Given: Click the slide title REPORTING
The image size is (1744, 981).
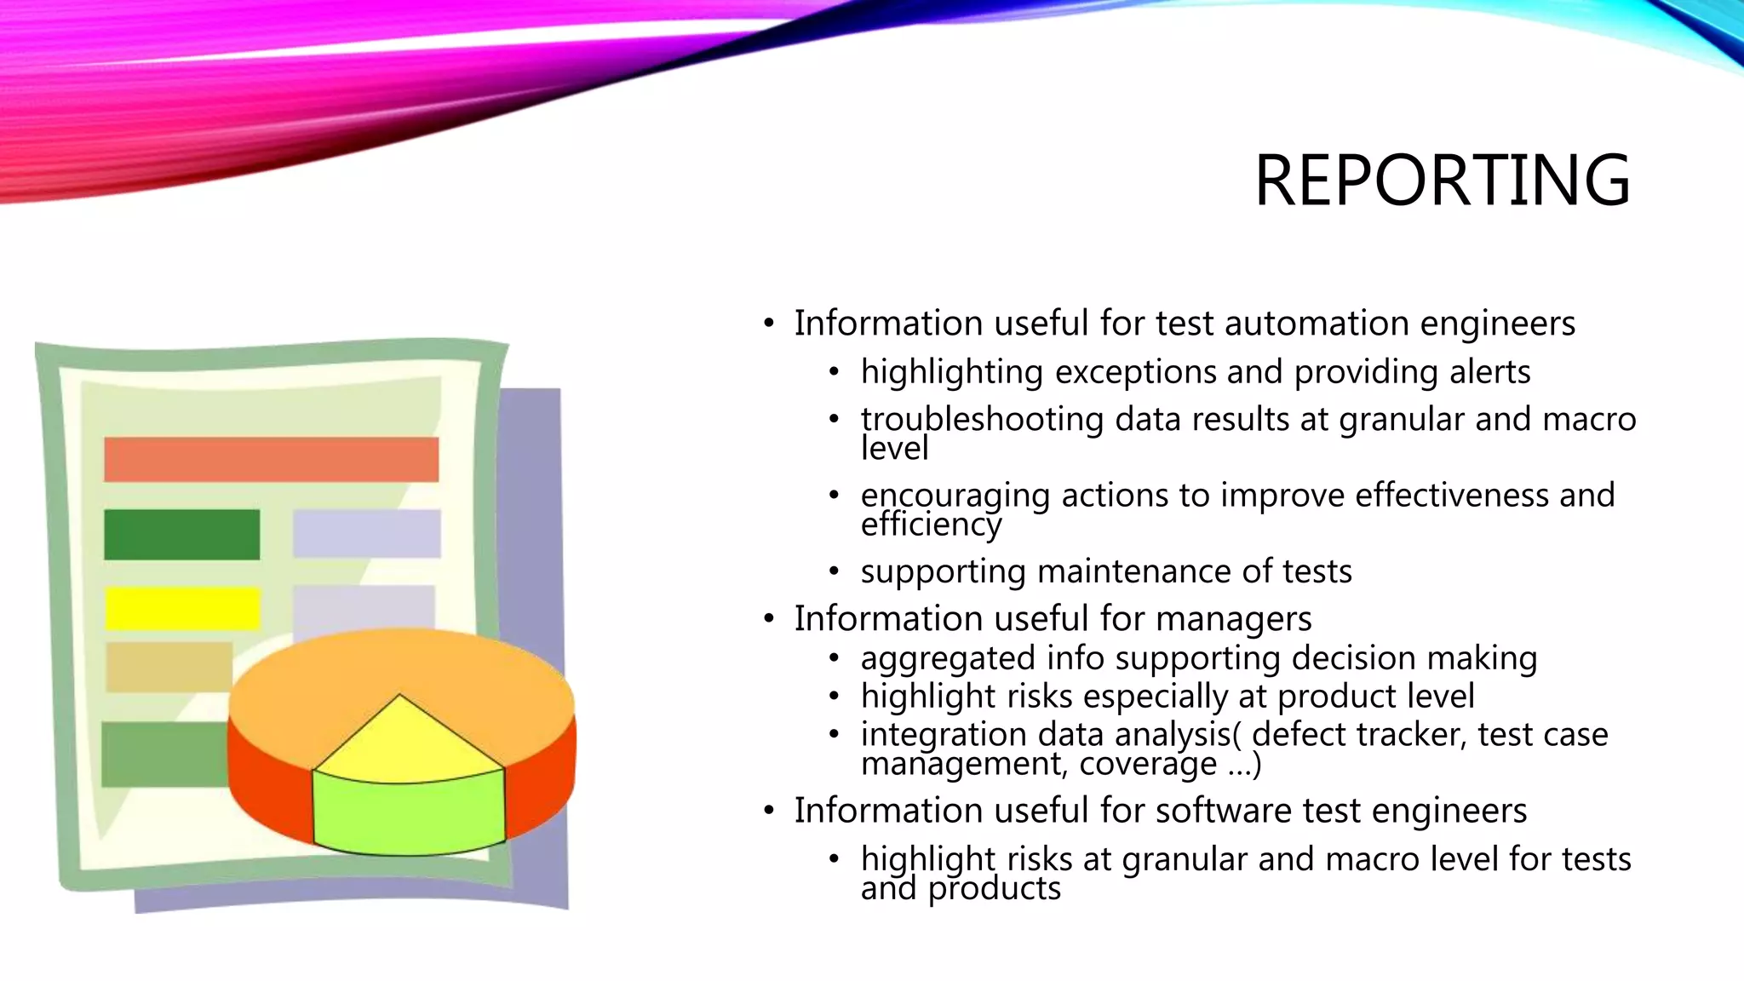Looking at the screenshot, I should [x=1442, y=180].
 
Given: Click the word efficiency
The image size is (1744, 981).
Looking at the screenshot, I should [x=931, y=524].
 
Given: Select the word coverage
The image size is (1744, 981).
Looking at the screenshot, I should [x=1148, y=764].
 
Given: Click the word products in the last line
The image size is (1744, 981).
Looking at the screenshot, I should [x=994, y=888].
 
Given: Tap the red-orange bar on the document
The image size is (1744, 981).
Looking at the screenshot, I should [x=271, y=460].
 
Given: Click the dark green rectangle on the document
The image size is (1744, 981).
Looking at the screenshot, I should [x=181, y=534].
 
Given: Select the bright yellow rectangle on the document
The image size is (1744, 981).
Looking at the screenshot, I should [x=182, y=608].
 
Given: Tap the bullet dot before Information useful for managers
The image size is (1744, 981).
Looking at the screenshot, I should [x=769, y=619].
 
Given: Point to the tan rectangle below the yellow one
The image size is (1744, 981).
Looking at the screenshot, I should [x=169, y=666].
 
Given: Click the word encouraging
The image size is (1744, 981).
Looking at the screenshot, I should [x=955, y=496].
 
